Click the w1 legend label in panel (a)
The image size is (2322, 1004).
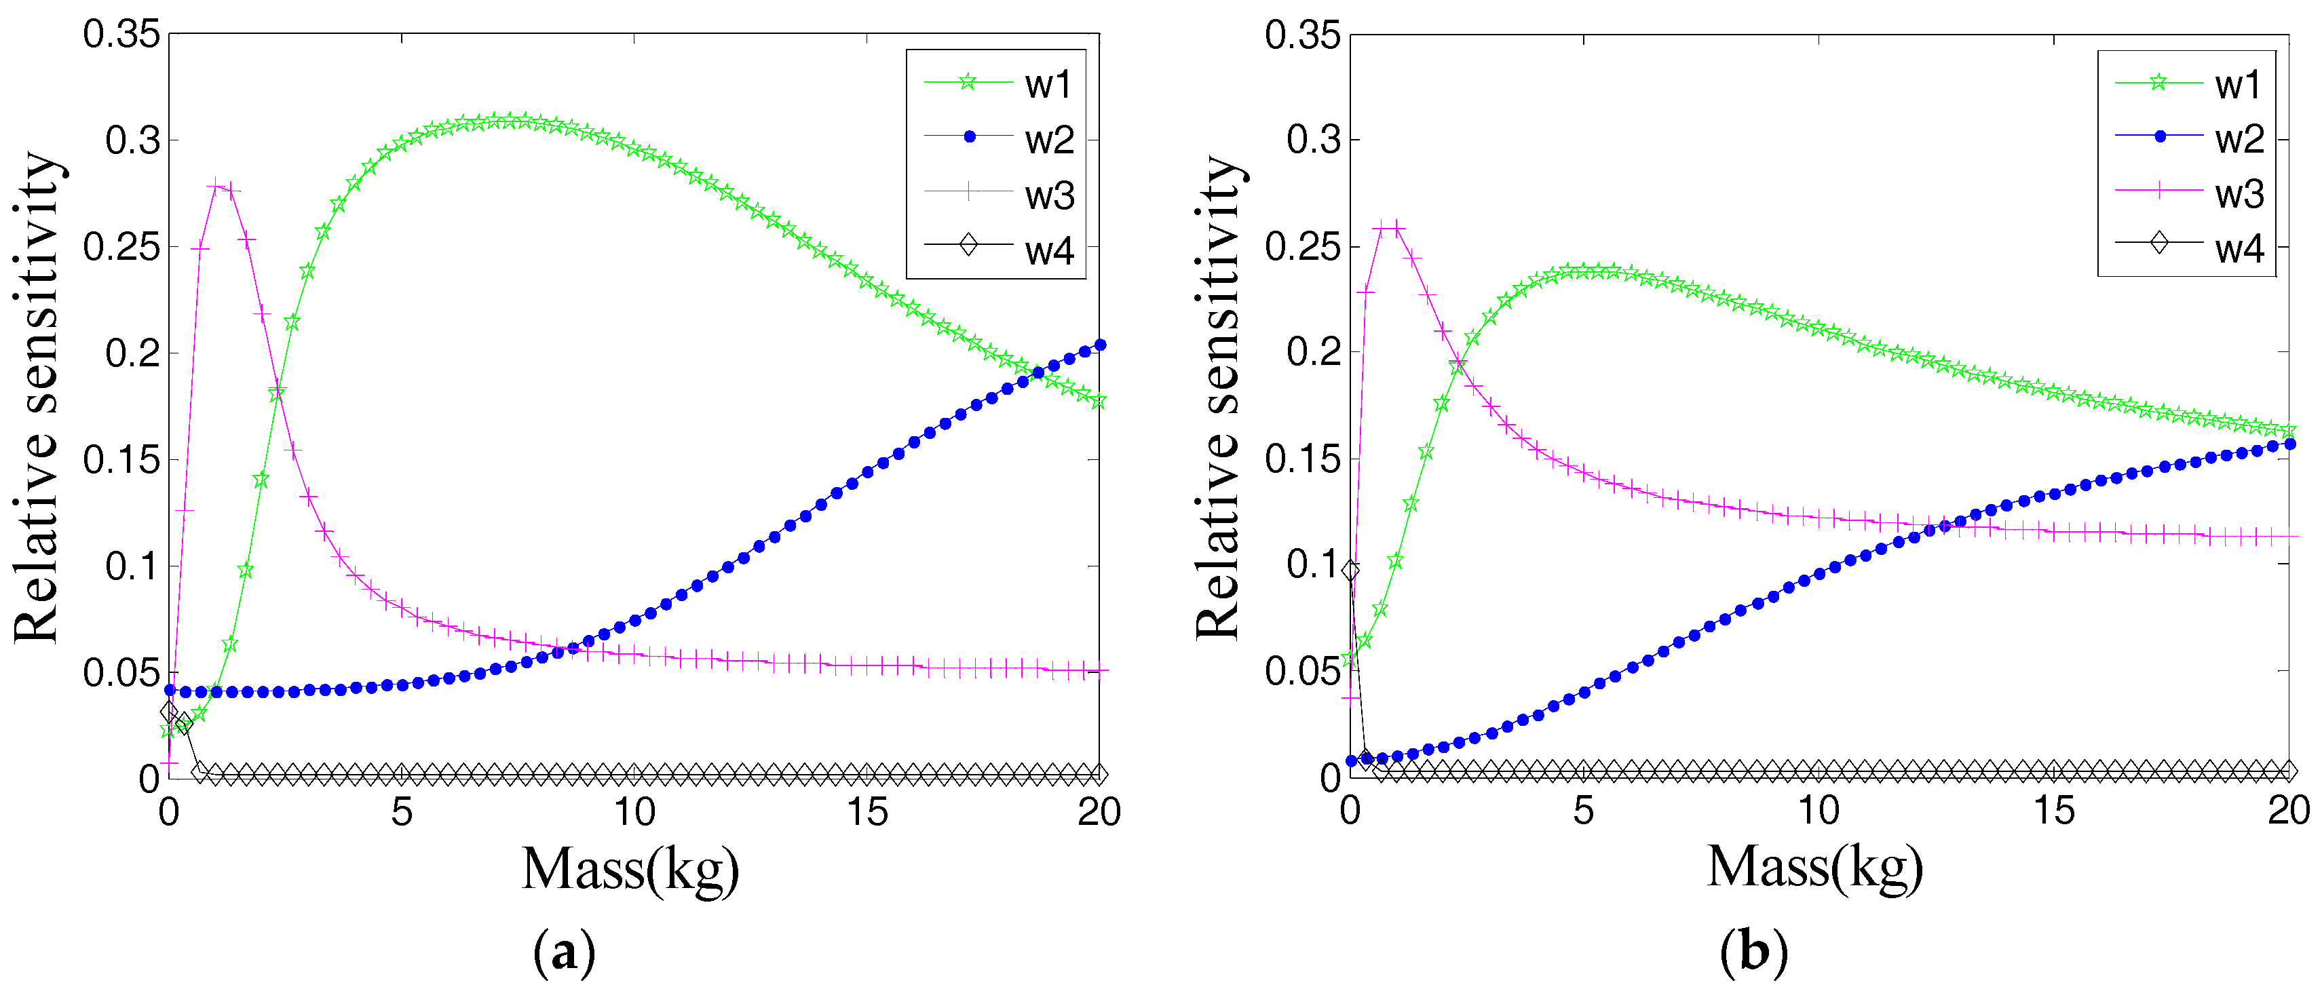click(1048, 85)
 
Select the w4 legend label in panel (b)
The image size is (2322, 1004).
click(2239, 249)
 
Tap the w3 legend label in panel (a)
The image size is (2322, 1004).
click(1049, 195)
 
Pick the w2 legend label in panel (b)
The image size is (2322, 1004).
click(2239, 139)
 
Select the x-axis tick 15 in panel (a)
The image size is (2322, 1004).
click(867, 813)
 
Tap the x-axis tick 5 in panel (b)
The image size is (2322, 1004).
click(1583, 811)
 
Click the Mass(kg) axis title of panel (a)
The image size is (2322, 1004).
click(630, 870)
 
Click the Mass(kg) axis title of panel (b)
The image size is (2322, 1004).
click(1814, 868)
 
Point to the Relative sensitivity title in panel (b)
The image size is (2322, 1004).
click(1219, 398)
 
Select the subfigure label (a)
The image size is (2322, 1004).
click(565, 952)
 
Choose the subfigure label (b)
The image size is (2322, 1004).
click(1753, 952)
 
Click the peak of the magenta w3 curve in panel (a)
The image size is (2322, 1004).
click(216, 186)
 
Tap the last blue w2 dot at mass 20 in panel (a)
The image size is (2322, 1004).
click(1100, 345)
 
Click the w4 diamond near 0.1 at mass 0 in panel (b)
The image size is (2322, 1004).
click(1350, 571)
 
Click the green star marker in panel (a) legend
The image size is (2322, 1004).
click(967, 82)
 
